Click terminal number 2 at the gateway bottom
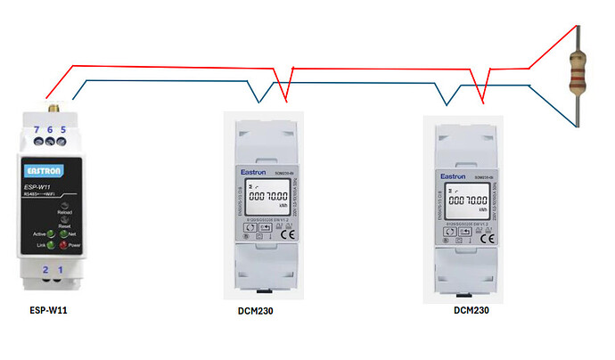point(44,268)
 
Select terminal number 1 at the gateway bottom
point(61,268)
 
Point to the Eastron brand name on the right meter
point(453,176)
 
